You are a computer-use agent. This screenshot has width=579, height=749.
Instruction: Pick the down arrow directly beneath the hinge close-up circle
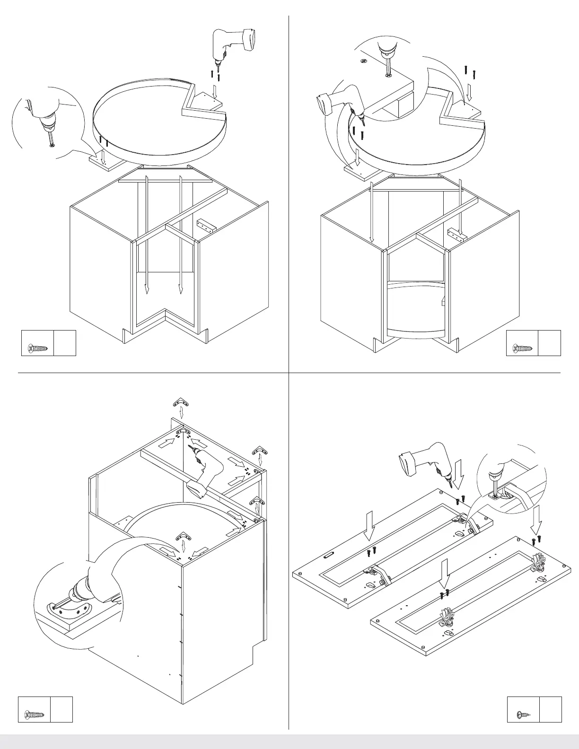(536, 519)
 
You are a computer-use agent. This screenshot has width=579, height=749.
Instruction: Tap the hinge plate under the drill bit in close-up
(495, 496)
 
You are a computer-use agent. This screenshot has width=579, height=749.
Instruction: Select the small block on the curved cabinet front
(443, 301)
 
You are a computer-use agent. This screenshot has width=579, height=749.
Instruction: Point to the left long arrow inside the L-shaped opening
(147, 234)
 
